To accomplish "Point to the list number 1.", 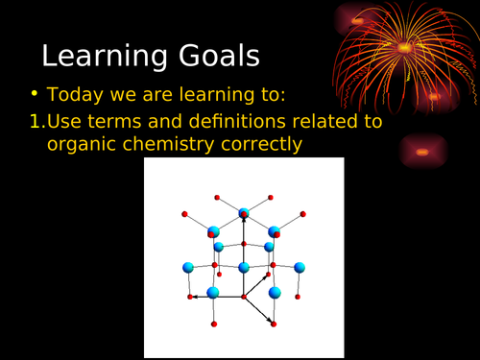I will click(36, 122).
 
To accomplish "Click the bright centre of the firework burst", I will click(404, 47).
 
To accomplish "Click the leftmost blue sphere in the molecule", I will click(188, 267).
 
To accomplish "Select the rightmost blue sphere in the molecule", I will click(300, 267).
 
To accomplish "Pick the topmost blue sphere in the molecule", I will click(244, 213).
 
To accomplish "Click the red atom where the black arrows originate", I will click(244, 298).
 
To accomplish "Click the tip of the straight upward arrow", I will click(244, 219).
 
